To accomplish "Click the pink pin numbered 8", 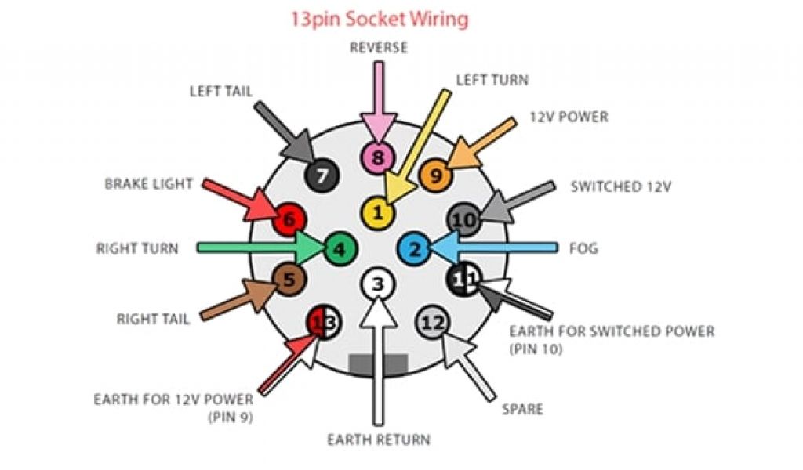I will (378, 159).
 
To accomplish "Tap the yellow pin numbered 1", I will (378, 212).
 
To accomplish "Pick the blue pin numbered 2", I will (416, 249).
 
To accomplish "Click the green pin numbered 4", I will (339, 249).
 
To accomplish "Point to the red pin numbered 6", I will (289, 220).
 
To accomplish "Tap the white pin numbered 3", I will (378, 284).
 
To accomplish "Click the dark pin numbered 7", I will (319, 175).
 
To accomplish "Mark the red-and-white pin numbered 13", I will (324, 322).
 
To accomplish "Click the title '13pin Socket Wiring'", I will (380, 20).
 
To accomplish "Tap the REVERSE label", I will (379, 48).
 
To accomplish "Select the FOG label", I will (583, 249).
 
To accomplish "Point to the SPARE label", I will (523, 409).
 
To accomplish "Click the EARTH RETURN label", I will (379, 439).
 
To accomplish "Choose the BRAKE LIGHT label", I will (148, 184).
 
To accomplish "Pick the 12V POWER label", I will (569, 117).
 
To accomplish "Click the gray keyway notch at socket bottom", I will (378, 363).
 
